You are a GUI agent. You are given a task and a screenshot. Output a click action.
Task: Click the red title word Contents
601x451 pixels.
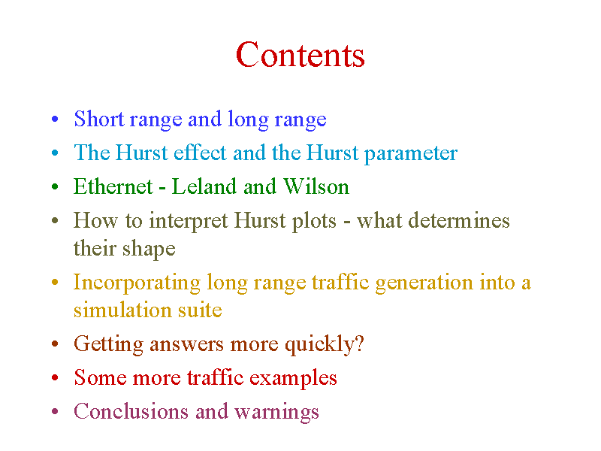300,54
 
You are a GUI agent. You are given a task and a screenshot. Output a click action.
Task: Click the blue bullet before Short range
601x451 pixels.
55,119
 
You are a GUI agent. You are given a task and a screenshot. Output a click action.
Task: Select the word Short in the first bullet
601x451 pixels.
99,119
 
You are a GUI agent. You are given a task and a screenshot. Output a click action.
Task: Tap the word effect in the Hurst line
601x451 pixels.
200,153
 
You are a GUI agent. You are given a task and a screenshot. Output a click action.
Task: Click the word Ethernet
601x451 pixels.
113,186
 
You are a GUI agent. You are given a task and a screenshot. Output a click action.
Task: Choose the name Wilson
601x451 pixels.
316,186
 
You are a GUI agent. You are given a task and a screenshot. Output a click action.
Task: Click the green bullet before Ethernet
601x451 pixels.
55,186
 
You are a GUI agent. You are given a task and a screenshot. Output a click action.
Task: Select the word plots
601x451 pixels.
314,221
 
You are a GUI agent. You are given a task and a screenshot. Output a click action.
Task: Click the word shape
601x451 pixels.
149,250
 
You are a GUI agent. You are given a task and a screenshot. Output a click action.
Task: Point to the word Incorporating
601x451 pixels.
137,283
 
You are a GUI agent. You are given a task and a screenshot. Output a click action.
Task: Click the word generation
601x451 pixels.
424,283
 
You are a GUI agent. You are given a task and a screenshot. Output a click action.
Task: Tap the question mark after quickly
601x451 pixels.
360,344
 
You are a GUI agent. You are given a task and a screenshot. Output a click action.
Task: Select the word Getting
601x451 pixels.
108,344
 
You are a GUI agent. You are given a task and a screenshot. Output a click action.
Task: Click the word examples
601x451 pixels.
293,379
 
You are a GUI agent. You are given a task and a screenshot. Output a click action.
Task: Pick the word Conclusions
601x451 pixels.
131,411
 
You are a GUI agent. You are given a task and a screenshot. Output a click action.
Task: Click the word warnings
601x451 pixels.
276,412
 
